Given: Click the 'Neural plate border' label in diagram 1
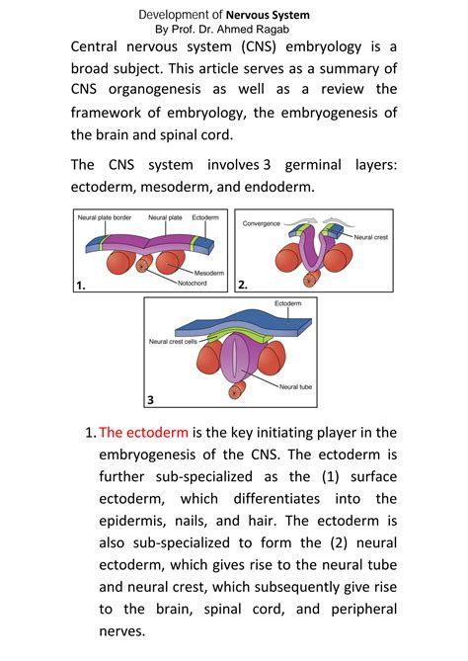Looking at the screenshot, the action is click(x=106, y=217).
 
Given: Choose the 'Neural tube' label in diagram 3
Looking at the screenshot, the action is click(x=295, y=387).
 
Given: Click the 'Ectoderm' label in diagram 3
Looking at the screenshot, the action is click(x=287, y=303).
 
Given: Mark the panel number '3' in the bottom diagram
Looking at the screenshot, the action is click(x=151, y=399).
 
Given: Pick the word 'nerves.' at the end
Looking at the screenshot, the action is click(x=124, y=631).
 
